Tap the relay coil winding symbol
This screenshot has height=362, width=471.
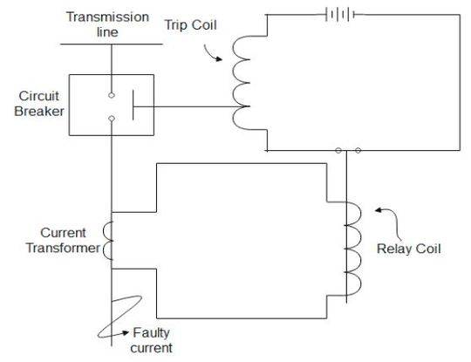click(353, 249)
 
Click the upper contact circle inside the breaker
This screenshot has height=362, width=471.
click(111, 95)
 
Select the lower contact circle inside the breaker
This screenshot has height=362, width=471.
click(111, 120)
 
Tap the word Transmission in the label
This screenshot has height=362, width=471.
click(109, 17)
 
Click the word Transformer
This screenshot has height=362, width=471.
click(62, 247)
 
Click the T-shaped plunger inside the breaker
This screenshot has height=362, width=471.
click(133, 107)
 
